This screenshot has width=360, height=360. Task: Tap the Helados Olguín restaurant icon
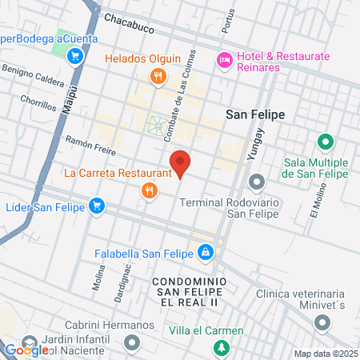(x=158, y=77)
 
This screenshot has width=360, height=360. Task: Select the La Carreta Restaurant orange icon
(x=148, y=190)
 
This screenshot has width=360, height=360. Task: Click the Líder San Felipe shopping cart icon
(x=96, y=206)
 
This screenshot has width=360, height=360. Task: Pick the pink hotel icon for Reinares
(x=224, y=58)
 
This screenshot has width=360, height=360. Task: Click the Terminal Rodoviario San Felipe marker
(x=256, y=183)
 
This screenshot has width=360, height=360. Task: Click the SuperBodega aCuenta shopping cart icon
(x=75, y=56)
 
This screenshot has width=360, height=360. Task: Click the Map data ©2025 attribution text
(x=325, y=354)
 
